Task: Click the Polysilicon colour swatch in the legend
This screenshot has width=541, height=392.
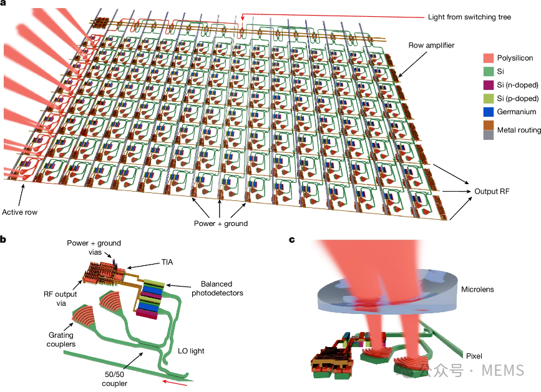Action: (488, 58)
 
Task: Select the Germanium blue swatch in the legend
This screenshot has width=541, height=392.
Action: (488, 112)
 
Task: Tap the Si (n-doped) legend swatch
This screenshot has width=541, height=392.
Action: (488, 85)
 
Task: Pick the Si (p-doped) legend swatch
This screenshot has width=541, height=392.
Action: (488, 99)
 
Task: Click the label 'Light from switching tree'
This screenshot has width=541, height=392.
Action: (469, 17)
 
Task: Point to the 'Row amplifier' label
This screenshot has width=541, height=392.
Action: (431, 45)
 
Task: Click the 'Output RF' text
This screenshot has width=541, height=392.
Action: (492, 191)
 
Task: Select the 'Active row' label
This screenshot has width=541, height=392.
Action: (20, 212)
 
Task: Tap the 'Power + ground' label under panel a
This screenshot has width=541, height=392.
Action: (221, 223)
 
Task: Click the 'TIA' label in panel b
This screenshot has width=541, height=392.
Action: (167, 262)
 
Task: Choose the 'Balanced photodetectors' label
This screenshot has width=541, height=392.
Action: (217, 288)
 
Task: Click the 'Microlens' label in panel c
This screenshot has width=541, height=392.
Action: (477, 289)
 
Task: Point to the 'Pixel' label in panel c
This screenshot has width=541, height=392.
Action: (474, 356)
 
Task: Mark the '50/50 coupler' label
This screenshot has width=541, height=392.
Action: (115, 378)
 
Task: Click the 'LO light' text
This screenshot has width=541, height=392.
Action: (191, 351)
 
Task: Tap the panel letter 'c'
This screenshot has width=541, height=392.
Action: (292, 240)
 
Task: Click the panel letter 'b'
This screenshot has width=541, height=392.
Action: (3, 239)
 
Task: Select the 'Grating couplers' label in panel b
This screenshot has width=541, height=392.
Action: (61, 339)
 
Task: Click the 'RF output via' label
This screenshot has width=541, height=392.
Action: (61, 298)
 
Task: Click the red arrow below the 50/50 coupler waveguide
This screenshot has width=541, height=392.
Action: (175, 383)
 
